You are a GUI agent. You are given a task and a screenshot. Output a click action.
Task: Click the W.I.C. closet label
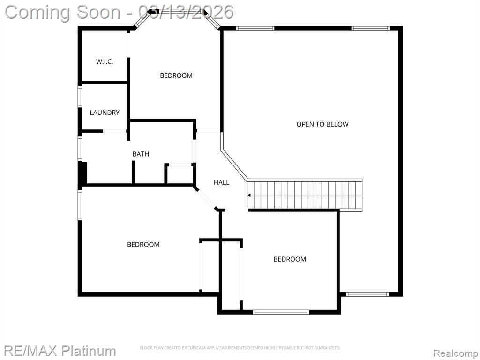[105, 61]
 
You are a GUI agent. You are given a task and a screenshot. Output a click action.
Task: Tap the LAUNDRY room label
[105, 112]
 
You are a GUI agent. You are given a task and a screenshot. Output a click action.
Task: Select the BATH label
[141, 154]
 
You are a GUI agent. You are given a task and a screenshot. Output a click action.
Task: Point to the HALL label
[221, 182]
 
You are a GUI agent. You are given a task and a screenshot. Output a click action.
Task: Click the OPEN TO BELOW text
[322, 124]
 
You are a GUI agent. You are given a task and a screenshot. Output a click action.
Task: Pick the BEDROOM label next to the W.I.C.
[176, 75]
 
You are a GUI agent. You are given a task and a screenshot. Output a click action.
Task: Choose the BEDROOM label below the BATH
[143, 244]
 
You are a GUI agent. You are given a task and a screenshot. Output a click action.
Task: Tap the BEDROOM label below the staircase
[290, 259]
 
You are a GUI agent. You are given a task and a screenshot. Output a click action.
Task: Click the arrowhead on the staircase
[249, 195]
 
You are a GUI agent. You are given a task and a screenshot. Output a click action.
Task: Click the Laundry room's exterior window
[80, 97]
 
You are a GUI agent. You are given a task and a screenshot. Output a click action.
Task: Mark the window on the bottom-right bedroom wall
[281, 312]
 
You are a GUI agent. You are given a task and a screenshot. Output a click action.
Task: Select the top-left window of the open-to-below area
[255, 29]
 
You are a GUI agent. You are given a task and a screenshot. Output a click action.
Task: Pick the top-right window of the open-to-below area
[370, 29]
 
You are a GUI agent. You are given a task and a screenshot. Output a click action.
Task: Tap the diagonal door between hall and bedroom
[206, 199]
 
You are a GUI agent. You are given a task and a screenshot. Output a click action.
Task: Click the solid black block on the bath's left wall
[83, 173]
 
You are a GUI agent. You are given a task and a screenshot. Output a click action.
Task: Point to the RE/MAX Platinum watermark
[60, 351]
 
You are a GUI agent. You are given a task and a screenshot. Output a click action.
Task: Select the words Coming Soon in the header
[63, 13]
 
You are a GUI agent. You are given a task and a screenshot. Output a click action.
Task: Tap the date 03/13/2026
[186, 12]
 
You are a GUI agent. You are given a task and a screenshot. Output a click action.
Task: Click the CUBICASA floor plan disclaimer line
[240, 348]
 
